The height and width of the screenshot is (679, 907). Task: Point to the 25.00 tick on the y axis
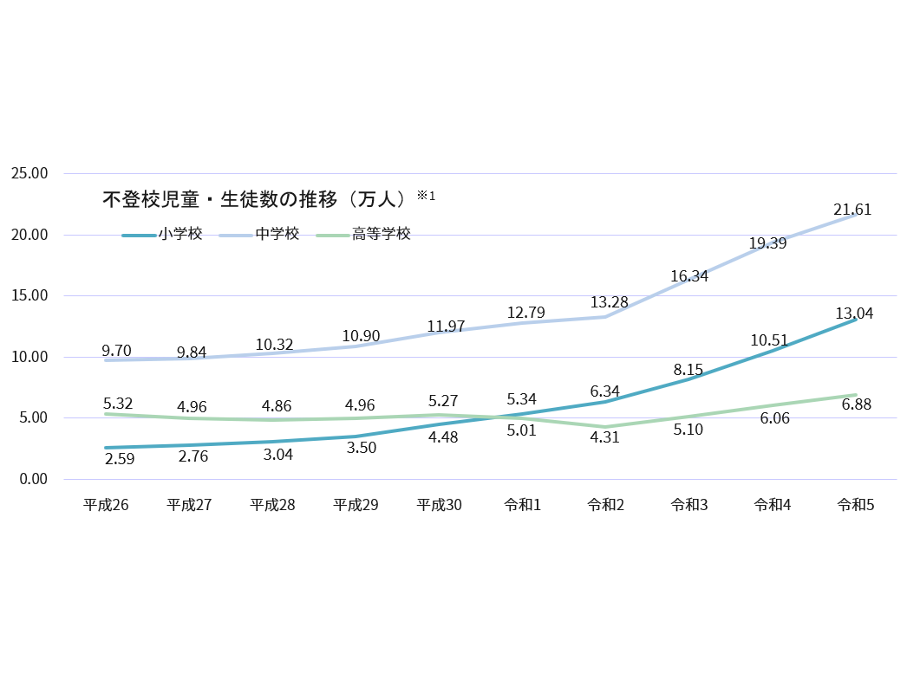click(29, 173)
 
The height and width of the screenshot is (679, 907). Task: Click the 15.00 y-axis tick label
click(29, 295)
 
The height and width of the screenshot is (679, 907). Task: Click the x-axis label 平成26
click(106, 505)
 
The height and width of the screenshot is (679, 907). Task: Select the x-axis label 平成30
click(439, 505)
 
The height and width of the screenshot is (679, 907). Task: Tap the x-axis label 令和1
click(522, 505)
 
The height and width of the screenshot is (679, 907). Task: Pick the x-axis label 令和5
click(855, 505)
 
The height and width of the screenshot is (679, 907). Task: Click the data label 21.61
click(852, 210)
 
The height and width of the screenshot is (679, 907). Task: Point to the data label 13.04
click(854, 314)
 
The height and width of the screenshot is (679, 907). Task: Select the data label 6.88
click(856, 404)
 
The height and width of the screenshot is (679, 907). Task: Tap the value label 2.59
click(119, 458)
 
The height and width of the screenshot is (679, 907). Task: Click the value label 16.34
click(689, 277)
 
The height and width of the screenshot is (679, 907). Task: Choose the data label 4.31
click(604, 437)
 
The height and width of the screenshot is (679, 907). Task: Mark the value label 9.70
click(116, 351)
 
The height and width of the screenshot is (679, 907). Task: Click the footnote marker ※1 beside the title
click(426, 196)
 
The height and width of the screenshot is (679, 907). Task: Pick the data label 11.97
click(446, 327)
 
